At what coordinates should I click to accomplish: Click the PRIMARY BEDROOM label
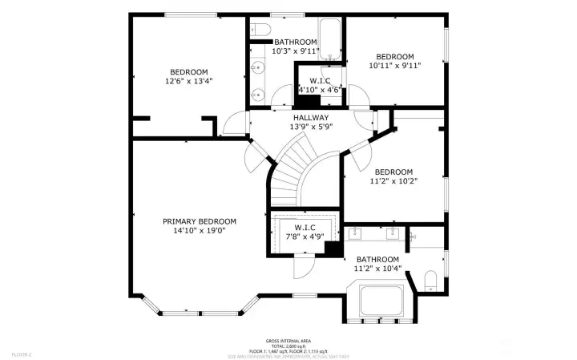pos(200,221)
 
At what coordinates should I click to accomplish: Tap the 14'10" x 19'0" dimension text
pos(200,231)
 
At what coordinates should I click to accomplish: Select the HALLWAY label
pos(309,118)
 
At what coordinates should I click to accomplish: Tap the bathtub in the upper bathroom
pos(329,35)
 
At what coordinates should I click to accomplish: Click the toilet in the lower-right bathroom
pos(430,280)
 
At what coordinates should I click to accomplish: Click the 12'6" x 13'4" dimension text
pos(188,81)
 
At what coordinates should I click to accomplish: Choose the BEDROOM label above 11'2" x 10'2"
pos(393,172)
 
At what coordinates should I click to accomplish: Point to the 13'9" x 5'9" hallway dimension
pos(309,127)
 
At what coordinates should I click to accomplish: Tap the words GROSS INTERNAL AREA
pos(288,341)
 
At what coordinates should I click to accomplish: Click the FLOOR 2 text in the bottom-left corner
pos(22,354)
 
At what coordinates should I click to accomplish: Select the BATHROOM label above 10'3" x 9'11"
pos(296,42)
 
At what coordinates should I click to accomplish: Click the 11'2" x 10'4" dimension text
pos(377,269)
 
